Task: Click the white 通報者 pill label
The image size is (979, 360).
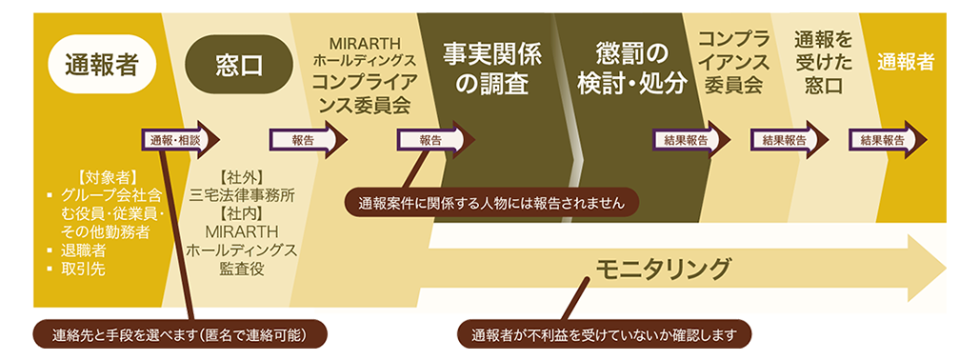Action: (102, 64)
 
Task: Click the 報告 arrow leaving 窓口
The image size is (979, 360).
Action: (308, 139)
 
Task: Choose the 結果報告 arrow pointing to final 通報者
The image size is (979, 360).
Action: (887, 139)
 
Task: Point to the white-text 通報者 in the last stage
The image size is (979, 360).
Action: (906, 62)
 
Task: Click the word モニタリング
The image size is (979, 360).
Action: (663, 269)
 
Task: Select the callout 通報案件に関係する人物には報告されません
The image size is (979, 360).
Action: (490, 202)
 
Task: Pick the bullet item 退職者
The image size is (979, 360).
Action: (85, 250)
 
